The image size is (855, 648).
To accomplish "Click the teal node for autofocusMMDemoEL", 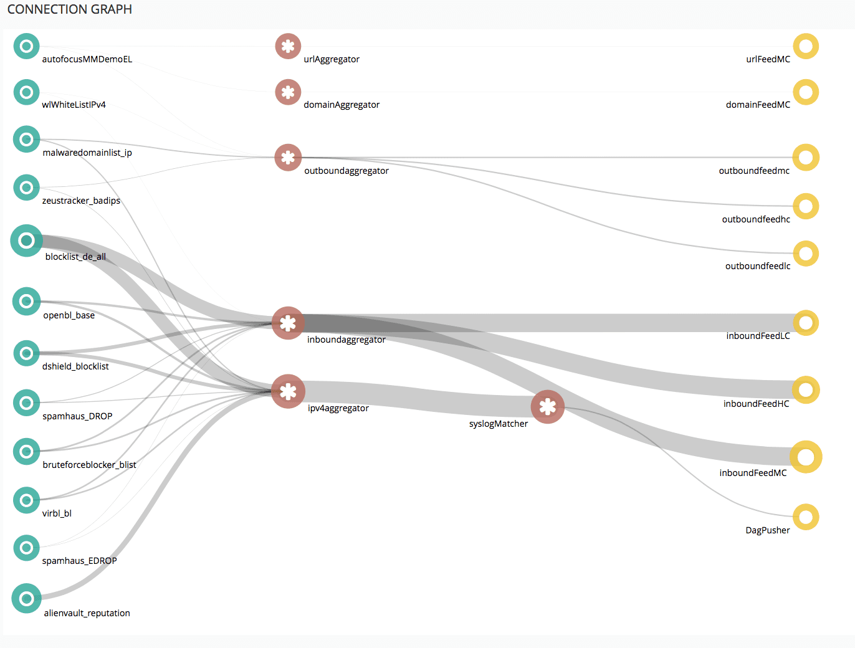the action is tap(27, 46).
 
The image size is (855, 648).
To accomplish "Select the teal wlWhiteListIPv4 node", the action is tap(27, 92).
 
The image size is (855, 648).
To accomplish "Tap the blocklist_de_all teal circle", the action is tap(27, 241).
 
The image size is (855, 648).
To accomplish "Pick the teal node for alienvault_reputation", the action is tap(27, 598).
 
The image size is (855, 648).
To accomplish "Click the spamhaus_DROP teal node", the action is tap(27, 403).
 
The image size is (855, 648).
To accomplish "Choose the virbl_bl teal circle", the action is tap(27, 500).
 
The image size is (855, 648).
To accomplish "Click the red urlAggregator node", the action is tap(288, 46).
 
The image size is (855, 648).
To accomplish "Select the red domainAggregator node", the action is tap(288, 92).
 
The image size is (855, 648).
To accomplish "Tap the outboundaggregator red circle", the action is tap(288, 157).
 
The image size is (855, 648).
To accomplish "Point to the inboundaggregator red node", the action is tap(288, 323).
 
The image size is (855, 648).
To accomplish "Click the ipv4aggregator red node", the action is tap(288, 391).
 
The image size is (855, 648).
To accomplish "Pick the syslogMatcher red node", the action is tap(547, 407).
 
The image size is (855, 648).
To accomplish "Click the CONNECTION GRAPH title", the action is tap(70, 9).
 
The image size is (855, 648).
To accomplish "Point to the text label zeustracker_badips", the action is tap(81, 201).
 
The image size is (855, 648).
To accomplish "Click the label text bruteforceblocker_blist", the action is tap(89, 465).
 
